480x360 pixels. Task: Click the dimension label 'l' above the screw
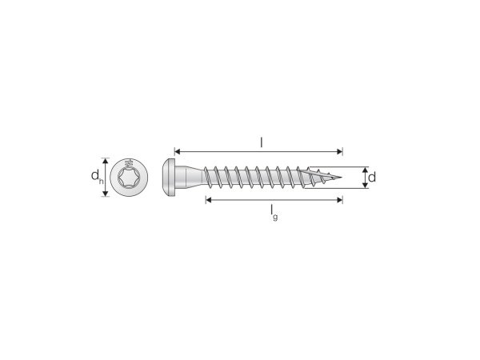262,142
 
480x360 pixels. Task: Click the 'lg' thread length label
273,210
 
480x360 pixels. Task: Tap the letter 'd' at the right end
372,178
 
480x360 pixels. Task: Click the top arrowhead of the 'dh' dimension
105,158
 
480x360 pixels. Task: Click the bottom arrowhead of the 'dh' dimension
105,195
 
